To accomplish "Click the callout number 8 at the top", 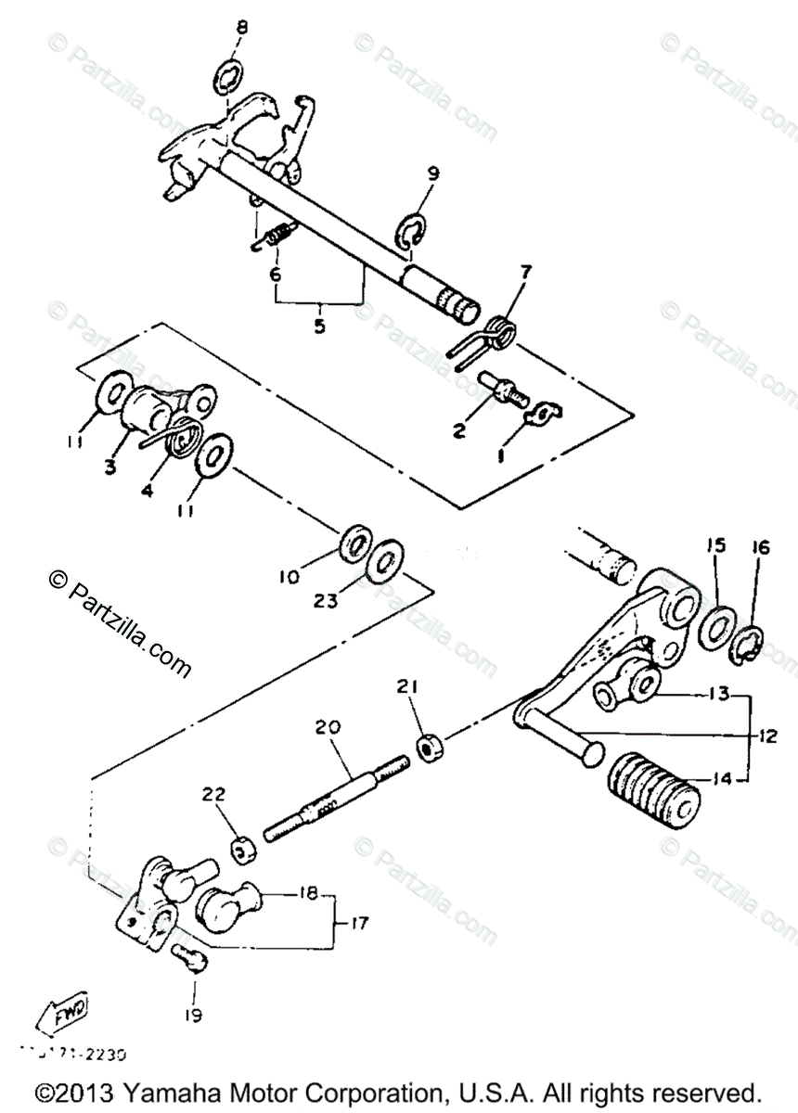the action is (x=241, y=28).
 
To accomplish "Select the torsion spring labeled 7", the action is (x=498, y=333).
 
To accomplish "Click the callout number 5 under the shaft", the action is (x=320, y=326).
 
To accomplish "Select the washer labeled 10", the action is (x=355, y=544).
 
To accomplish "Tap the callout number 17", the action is (x=358, y=924).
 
